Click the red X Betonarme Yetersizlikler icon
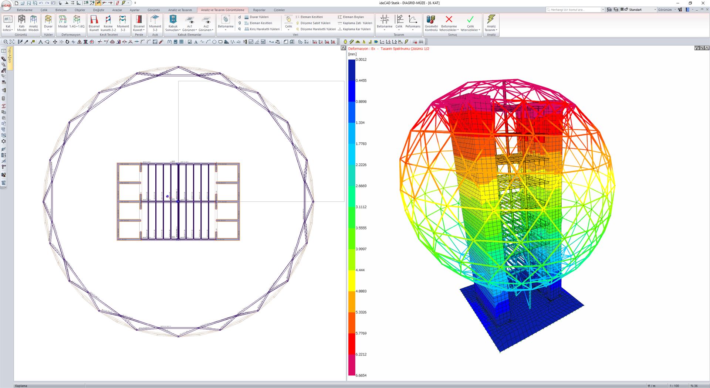[449, 20]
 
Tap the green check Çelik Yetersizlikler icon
[470, 20]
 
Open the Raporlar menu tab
[259, 10]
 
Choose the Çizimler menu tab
[279, 10]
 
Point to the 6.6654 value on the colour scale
[361, 375]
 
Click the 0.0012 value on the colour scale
[361, 59]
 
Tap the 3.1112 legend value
[361, 207]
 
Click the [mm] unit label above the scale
[352, 54]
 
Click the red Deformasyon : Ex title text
[362, 49]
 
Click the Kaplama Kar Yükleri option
[356, 29]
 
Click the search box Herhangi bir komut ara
[575, 10]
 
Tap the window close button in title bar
[703, 3]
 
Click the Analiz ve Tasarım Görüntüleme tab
[223, 10]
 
